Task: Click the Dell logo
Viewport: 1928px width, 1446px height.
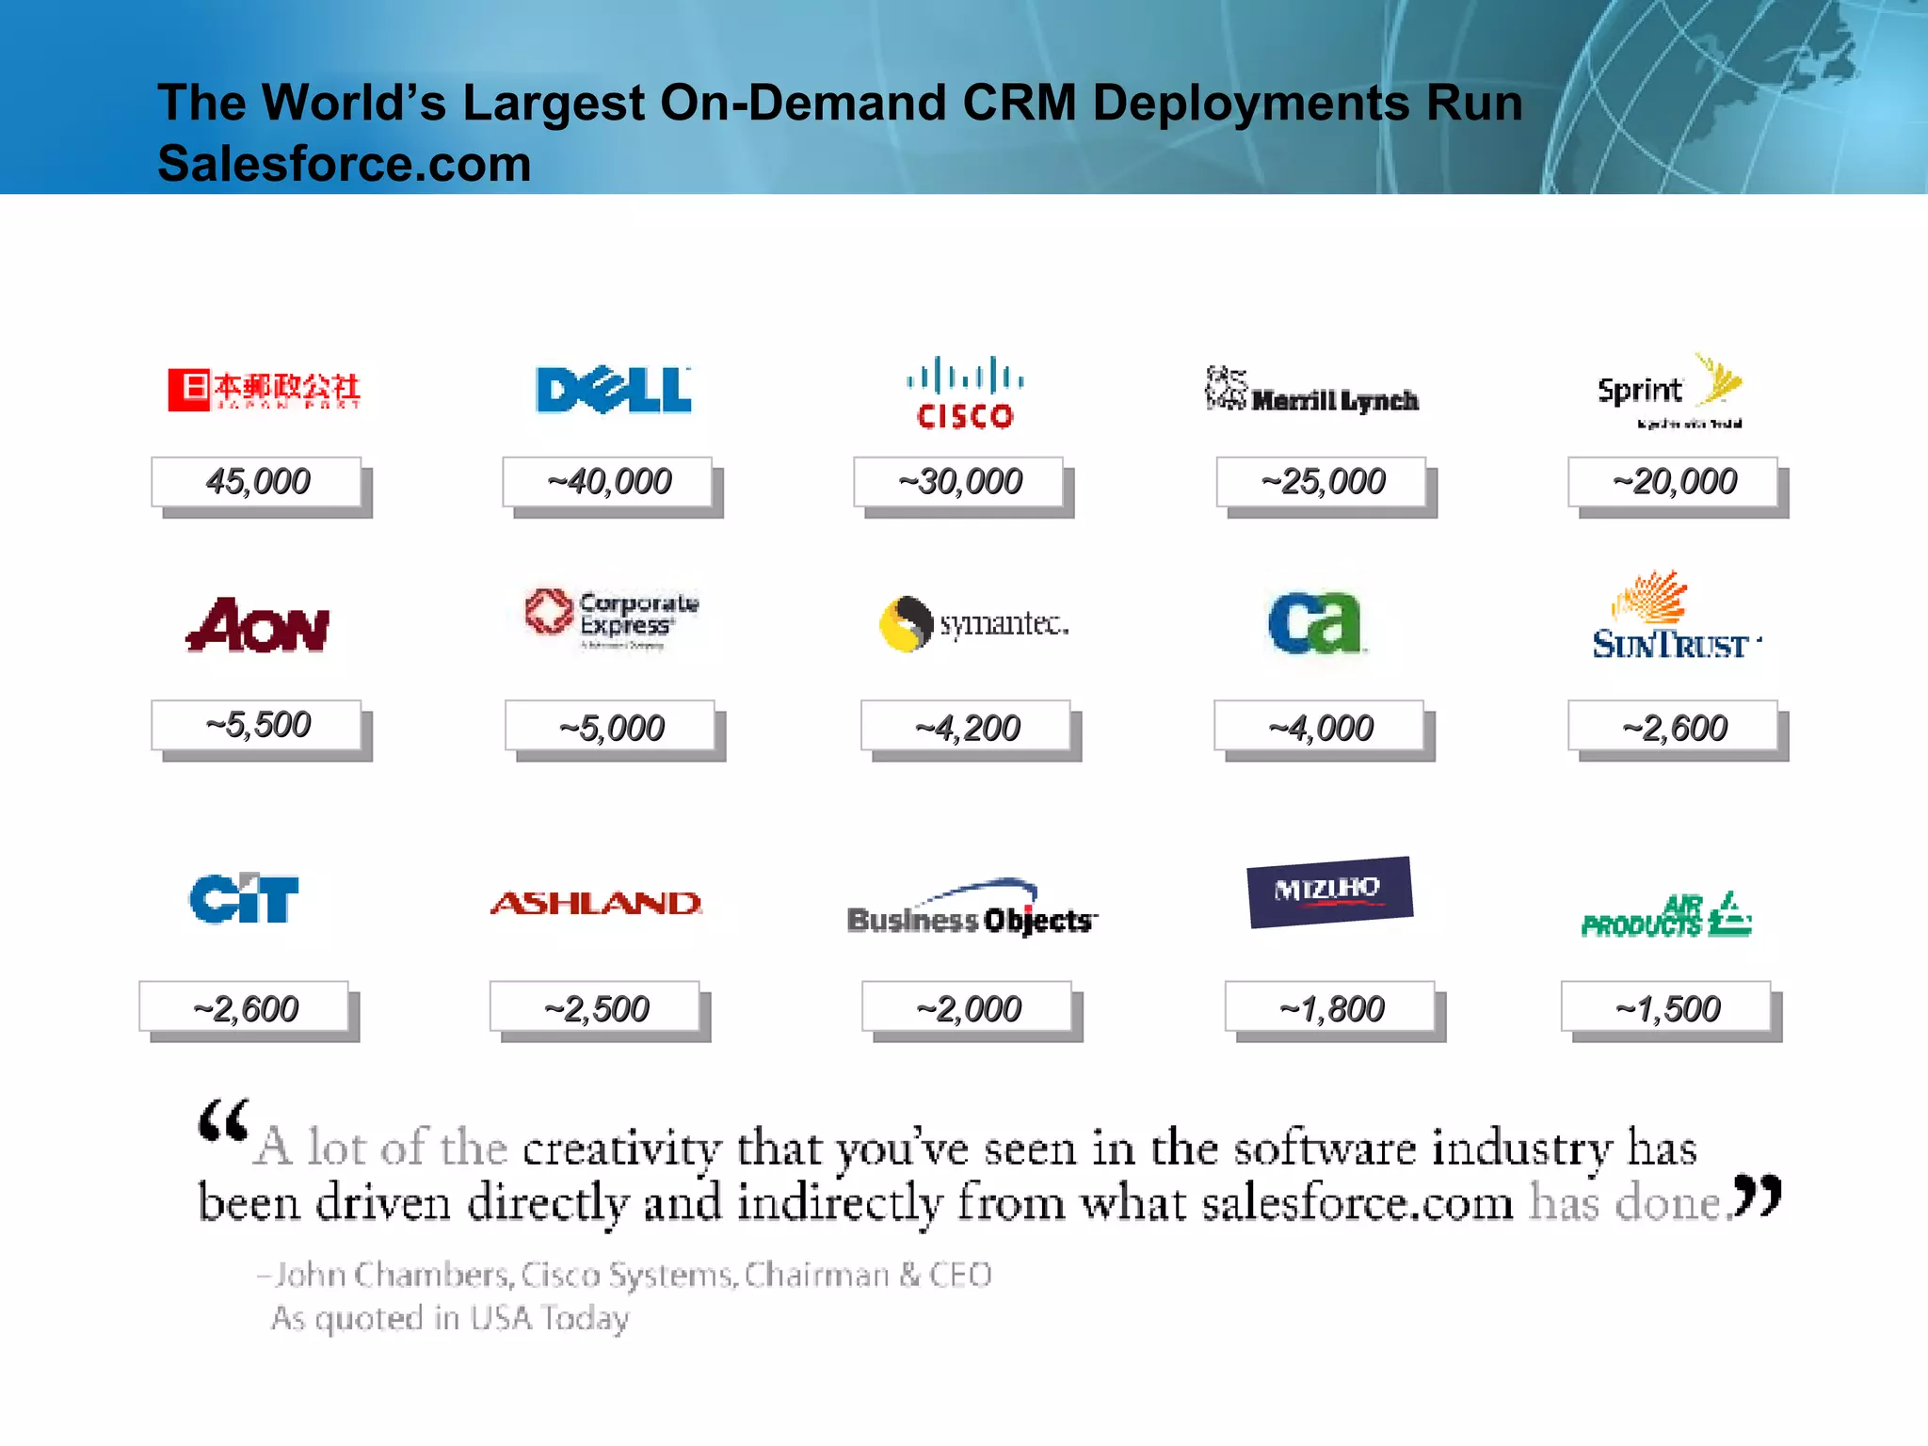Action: (x=613, y=390)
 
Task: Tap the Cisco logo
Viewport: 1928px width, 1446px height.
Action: (x=965, y=394)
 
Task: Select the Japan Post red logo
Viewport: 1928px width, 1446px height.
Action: (x=264, y=390)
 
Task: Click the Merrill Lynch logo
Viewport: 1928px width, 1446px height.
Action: (x=1312, y=390)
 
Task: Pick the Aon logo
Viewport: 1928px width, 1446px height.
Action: (x=258, y=625)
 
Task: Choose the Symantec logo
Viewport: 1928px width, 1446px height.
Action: (x=973, y=623)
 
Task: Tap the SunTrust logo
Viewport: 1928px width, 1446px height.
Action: (x=1672, y=618)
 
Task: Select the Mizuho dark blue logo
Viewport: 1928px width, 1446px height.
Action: (x=1329, y=891)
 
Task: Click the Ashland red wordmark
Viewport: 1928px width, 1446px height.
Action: (x=596, y=904)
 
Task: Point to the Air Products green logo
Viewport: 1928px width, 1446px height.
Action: (x=1666, y=916)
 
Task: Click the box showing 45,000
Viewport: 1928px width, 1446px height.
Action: (x=257, y=482)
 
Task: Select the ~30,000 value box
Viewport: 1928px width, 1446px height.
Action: (x=958, y=482)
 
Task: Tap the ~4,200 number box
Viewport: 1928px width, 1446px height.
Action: (x=966, y=727)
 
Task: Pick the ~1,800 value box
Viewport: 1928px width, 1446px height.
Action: (x=1329, y=1008)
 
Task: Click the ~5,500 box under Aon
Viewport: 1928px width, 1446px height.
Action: (x=257, y=725)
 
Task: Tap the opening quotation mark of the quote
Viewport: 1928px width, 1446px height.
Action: (x=223, y=1120)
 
